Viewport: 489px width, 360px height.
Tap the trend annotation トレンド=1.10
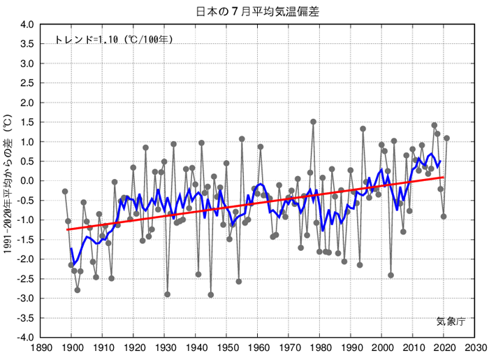(x=113, y=40)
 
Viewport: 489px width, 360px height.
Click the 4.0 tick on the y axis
(x=25, y=24)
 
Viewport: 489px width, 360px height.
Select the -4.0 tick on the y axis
(x=24, y=337)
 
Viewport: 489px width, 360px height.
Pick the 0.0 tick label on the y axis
(x=25, y=181)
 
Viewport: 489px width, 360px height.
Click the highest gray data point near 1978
(x=313, y=122)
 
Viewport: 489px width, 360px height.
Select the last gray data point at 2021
(x=446, y=138)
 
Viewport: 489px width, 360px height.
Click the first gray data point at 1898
(x=65, y=192)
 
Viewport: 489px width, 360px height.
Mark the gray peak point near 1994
(x=363, y=129)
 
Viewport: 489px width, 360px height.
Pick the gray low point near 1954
(x=238, y=282)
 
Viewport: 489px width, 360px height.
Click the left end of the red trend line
(x=68, y=229)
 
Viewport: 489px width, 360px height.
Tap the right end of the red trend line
(x=443, y=178)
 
